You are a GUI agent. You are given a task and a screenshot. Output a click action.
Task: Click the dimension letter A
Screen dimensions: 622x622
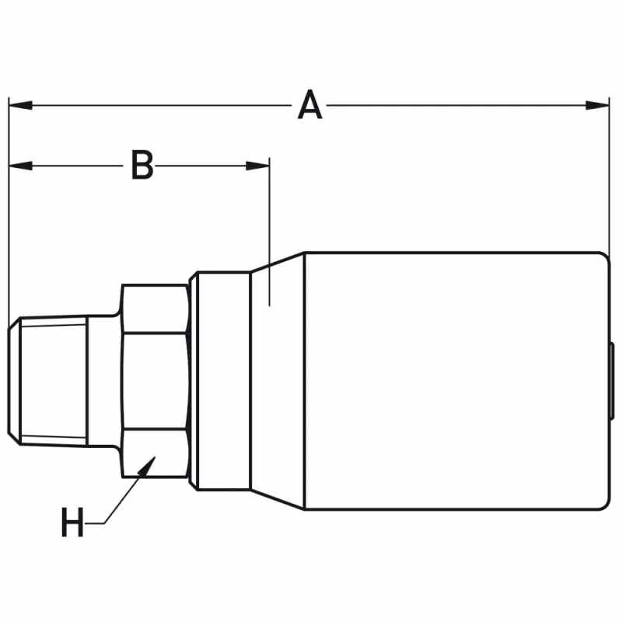pyautogui.click(x=309, y=105)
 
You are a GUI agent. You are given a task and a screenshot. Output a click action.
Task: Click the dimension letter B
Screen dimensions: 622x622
pyautogui.click(x=142, y=165)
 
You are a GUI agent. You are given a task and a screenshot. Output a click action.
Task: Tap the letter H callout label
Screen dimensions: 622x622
pyautogui.click(x=72, y=522)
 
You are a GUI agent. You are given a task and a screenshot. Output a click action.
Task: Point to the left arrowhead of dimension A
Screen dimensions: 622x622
pyautogui.click(x=21, y=106)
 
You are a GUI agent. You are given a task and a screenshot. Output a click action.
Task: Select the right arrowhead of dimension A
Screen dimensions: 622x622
pyautogui.click(x=597, y=106)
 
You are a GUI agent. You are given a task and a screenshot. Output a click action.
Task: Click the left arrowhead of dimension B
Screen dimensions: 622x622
pyautogui.click(x=21, y=166)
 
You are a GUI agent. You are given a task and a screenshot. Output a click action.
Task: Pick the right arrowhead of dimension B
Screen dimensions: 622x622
pyautogui.click(x=258, y=166)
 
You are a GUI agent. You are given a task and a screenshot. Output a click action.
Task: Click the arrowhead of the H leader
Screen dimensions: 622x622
pyautogui.click(x=146, y=466)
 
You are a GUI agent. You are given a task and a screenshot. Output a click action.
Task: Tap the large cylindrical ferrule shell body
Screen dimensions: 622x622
pyautogui.click(x=456, y=381)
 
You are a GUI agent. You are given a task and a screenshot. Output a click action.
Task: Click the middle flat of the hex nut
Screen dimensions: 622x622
pyautogui.click(x=155, y=381)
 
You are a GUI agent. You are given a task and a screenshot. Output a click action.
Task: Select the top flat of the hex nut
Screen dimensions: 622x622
pyautogui.click(x=155, y=309)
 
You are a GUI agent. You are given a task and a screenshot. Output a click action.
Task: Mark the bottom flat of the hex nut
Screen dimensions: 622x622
pyautogui.click(x=155, y=453)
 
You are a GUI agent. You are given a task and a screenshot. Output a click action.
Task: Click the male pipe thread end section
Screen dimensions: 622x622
pyautogui.click(x=54, y=381)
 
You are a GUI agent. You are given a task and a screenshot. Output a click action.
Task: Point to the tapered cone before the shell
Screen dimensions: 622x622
pyautogui.click(x=278, y=381)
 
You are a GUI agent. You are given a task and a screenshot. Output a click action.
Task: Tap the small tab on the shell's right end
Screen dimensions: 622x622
pyautogui.click(x=612, y=381)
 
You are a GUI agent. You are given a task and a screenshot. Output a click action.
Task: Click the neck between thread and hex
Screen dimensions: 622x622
pyautogui.click(x=103, y=381)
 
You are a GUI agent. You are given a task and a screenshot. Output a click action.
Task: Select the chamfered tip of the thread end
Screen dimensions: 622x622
pyautogui.click(x=14, y=381)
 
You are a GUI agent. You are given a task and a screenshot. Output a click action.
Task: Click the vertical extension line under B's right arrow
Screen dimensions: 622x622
pyautogui.click(x=270, y=232)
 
